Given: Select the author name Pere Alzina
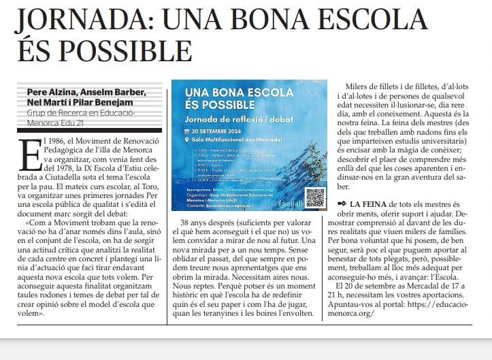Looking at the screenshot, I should tap(51, 92).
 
